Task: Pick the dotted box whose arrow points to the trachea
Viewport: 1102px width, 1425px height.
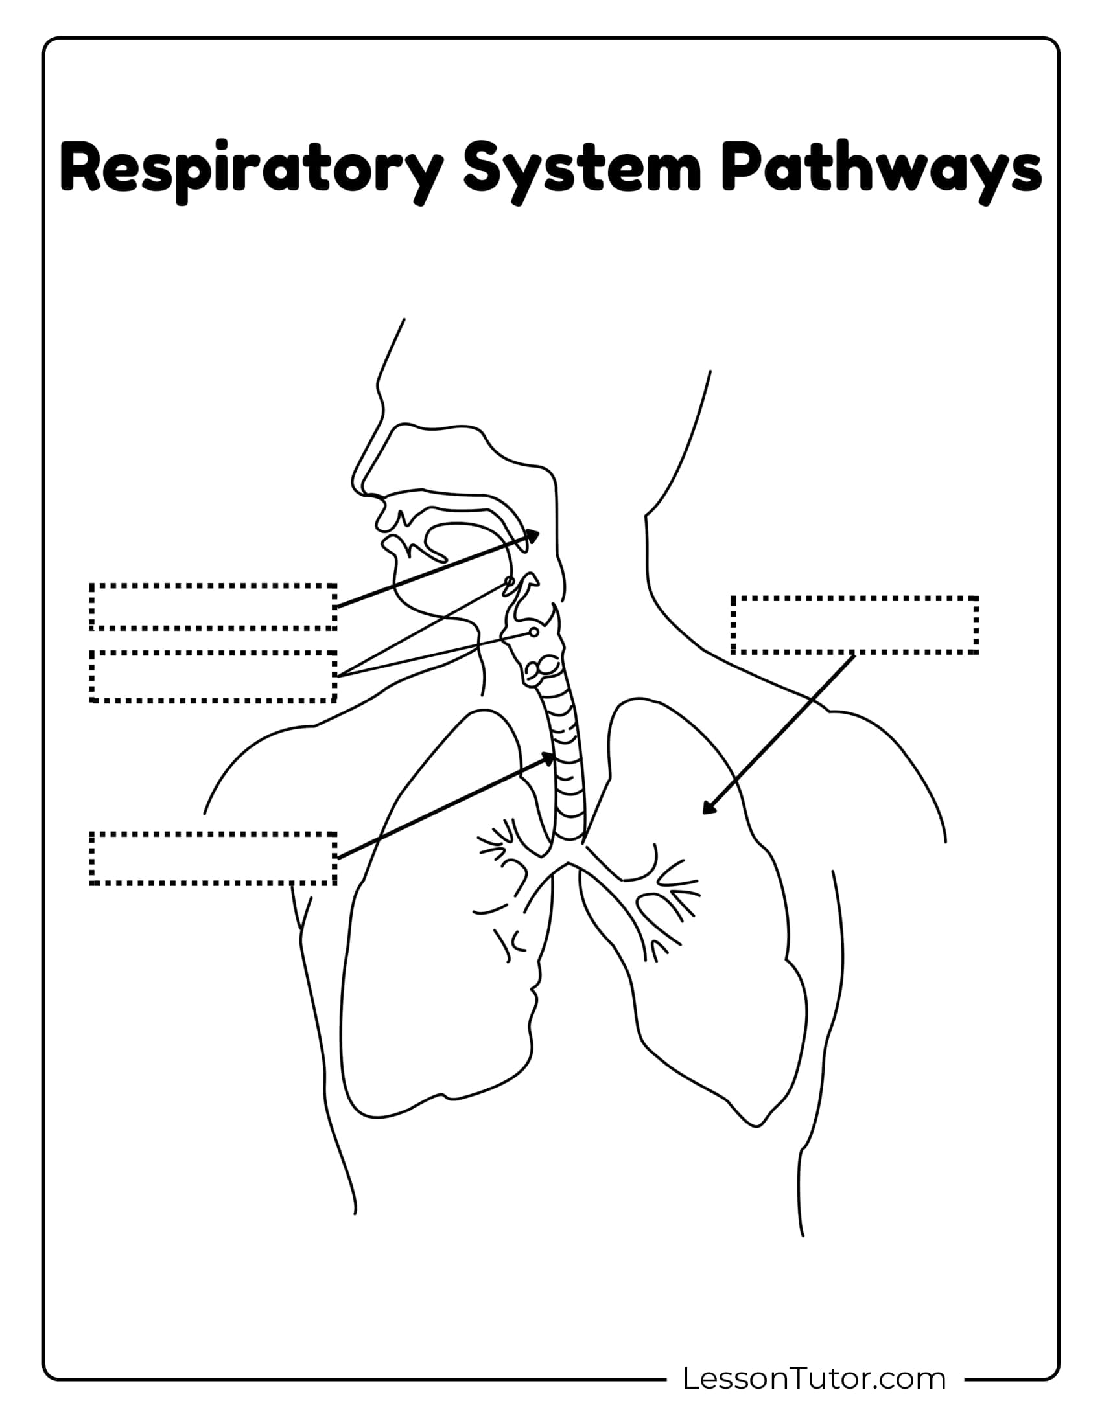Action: [x=213, y=858]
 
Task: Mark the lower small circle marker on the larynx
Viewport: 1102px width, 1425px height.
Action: [x=534, y=632]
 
